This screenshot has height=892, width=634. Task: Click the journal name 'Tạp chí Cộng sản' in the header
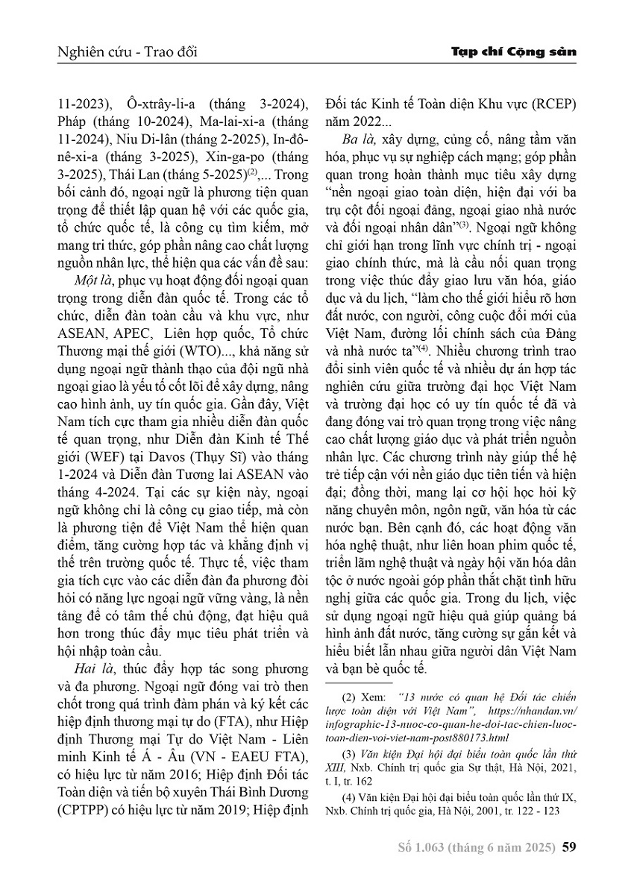point(515,54)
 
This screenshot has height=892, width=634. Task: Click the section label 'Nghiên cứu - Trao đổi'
point(126,54)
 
